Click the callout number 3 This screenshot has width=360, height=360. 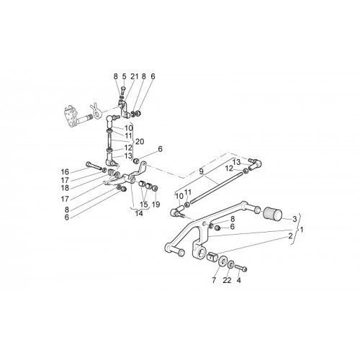coord(294,219)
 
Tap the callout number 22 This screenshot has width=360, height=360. coord(227,280)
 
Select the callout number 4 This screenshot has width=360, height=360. coord(239,280)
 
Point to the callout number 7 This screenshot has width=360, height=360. coord(214,280)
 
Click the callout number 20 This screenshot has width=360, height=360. coord(140,142)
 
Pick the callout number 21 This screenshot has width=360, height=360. coord(135,76)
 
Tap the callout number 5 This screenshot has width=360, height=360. coord(124,76)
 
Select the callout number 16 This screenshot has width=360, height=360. coord(65,172)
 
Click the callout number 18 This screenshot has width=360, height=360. coord(65,188)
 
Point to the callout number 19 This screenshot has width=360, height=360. coord(156,204)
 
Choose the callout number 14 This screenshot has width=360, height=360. coord(139,213)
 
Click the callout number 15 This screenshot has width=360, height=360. coord(144,204)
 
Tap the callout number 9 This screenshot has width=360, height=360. coord(201,171)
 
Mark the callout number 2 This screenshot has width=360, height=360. coord(290,236)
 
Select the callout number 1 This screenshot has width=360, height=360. coord(302,230)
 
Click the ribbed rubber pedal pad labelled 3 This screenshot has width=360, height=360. coord(273,214)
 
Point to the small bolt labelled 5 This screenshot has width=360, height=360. coord(124,90)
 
